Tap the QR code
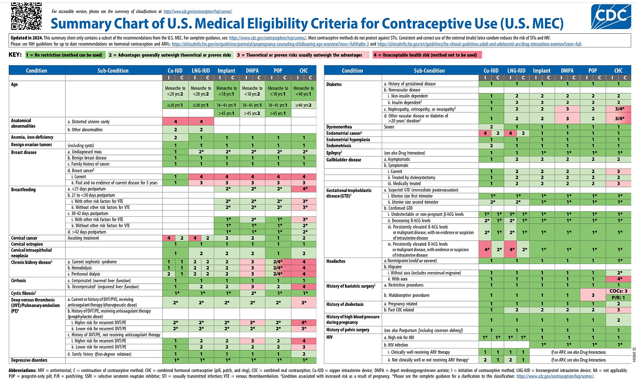click(x=22, y=15)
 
